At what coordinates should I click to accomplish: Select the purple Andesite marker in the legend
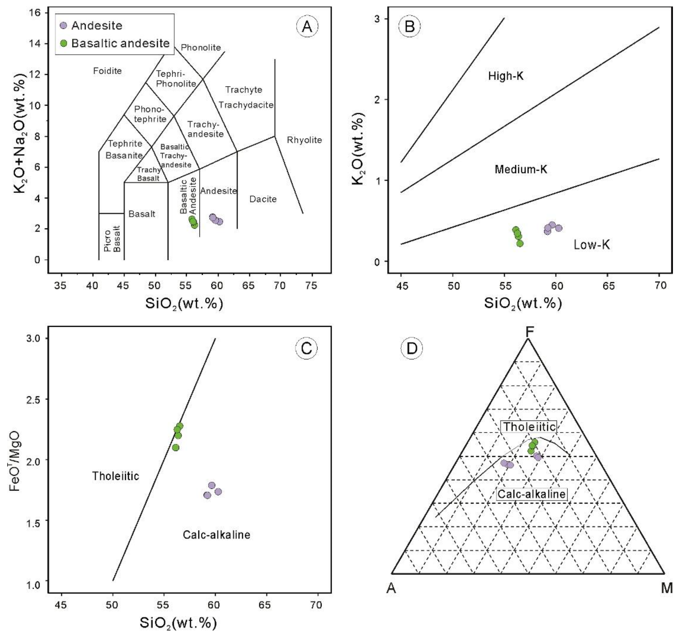click(x=64, y=25)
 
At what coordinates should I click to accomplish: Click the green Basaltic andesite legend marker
click(x=64, y=43)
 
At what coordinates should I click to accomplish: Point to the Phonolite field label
click(x=201, y=47)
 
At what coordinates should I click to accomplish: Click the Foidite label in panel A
click(x=107, y=71)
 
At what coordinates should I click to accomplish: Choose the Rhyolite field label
click(x=304, y=140)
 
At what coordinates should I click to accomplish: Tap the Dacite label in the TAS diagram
click(x=263, y=199)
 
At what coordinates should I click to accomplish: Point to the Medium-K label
click(x=521, y=169)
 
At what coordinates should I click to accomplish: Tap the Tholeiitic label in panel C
click(x=116, y=476)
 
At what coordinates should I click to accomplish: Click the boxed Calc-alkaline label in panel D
click(x=531, y=494)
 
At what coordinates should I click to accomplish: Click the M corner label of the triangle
click(x=667, y=588)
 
